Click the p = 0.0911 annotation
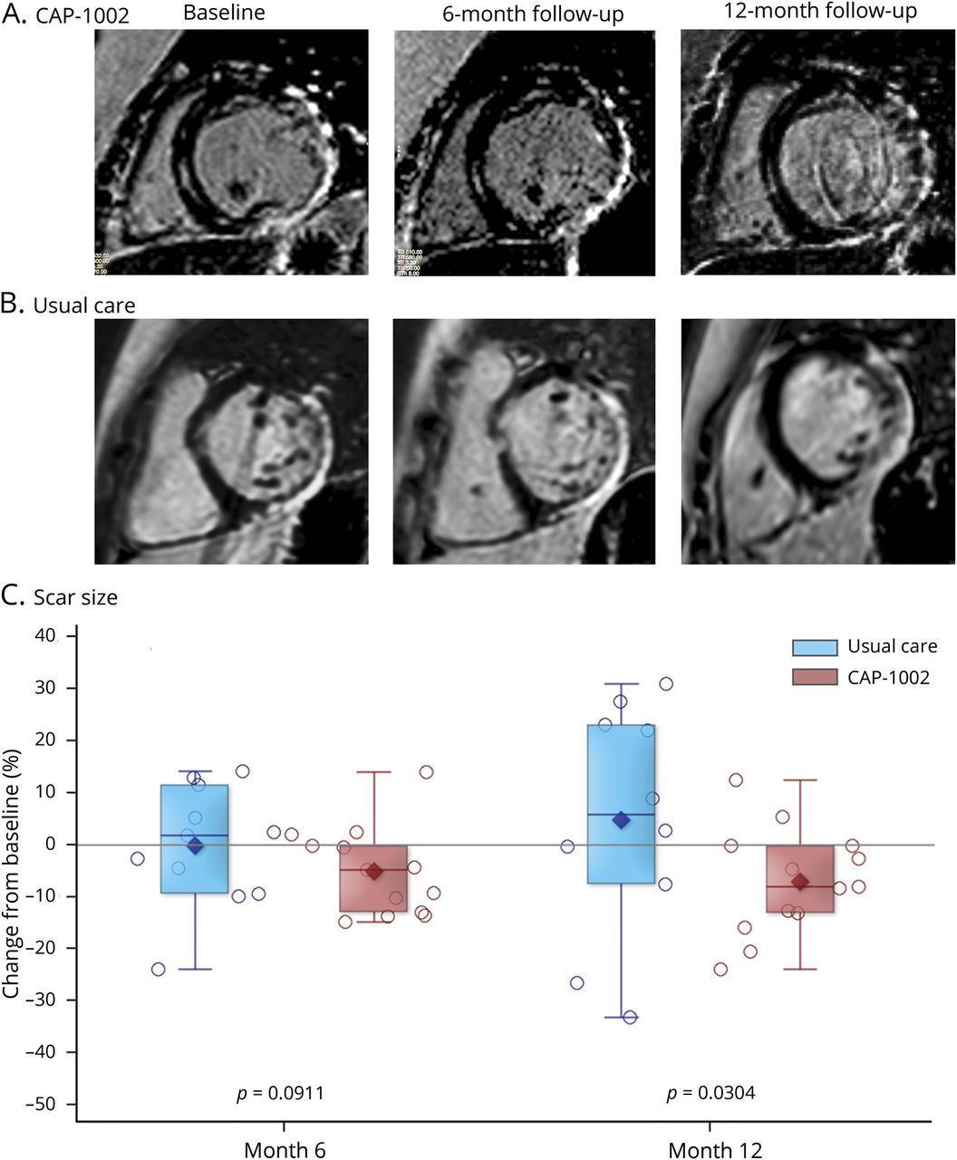pos(279,1093)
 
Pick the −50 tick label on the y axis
pos(41,1104)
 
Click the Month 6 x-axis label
pos(285,1150)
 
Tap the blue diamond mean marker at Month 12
pos(621,820)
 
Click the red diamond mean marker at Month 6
pos(373,872)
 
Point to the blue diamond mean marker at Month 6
pos(194,846)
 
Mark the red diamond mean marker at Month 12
pos(799,882)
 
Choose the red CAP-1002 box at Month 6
pos(373,893)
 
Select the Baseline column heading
pos(223,14)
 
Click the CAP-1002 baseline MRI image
pos(231,152)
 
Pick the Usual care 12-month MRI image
pos(817,441)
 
